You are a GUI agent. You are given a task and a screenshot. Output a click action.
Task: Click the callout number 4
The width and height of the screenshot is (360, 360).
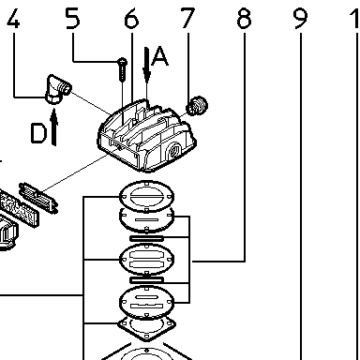pyautogui.click(x=13, y=19)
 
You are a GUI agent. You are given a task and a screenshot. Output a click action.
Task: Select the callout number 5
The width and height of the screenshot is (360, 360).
pyautogui.click(x=73, y=19)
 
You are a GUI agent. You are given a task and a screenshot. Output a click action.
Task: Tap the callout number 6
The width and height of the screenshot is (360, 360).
pyautogui.click(x=131, y=19)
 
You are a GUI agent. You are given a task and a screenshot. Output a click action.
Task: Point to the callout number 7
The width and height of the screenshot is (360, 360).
pyautogui.click(x=187, y=19)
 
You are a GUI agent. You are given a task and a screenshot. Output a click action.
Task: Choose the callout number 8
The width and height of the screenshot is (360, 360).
pyautogui.click(x=244, y=19)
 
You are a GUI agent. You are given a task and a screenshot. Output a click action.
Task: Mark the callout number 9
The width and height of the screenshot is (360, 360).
pyautogui.click(x=300, y=19)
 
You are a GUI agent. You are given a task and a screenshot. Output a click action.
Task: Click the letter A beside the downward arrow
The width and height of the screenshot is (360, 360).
pyautogui.click(x=159, y=56)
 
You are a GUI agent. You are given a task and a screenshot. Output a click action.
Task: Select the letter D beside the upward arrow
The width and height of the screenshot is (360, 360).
pyautogui.click(x=39, y=133)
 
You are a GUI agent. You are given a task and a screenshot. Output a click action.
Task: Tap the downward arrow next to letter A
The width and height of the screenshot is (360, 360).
pyautogui.click(x=146, y=65)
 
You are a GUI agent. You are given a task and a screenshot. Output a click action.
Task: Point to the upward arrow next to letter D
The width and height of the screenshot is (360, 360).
pyautogui.click(x=54, y=127)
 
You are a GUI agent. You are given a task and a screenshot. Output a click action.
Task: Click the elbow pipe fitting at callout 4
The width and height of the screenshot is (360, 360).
pyautogui.click(x=58, y=89)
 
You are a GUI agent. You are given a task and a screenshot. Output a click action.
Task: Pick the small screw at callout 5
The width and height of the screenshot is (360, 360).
pyautogui.click(x=122, y=69)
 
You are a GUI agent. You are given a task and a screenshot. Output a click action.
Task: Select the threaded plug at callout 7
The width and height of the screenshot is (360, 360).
pyautogui.click(x=197, y=105)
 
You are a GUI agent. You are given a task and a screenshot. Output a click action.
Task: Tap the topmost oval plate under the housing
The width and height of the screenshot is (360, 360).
pyautogui.click(x=146, y=196)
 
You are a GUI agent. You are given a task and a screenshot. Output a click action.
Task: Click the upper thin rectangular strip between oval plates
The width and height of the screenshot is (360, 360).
pyautogui.click(x=146, y=239)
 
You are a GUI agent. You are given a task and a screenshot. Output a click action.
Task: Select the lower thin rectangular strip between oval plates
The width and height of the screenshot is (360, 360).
pyautogui.click(x=146, y=280)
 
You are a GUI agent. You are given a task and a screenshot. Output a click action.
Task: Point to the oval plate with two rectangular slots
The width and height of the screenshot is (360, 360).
pyautogui.click(x=146, y=259)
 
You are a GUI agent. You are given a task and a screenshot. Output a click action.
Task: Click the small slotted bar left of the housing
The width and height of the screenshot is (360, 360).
pyautogui.click(x=38, y=199)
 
